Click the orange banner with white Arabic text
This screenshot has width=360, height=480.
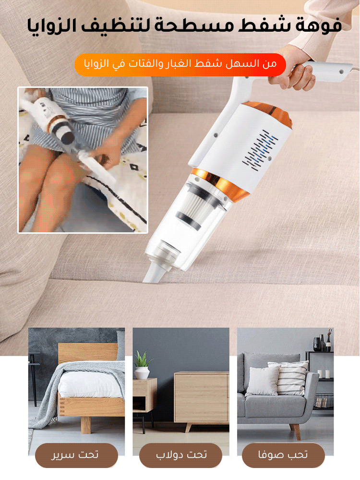(180, 65)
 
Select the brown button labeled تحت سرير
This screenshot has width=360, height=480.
(76, 455)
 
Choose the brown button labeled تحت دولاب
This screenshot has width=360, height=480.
(180, 455)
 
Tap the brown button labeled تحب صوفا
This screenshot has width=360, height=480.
(283, 455)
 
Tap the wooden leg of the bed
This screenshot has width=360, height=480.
(86, 425)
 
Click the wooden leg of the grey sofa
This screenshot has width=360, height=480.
(296, 431)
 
